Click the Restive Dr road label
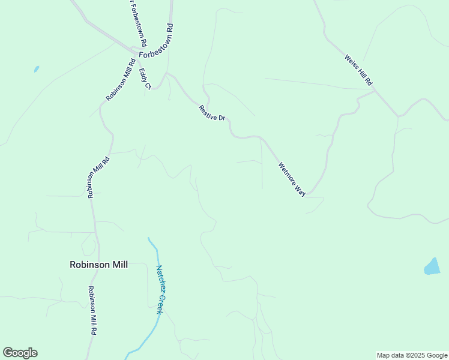(x=212, y=113)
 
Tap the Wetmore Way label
(x=292, y=179)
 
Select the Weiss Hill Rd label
(x=358, y=69)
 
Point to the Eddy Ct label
(x=145, y=79)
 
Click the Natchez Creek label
(x=160, y=286)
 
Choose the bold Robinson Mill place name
(x=98, y=264)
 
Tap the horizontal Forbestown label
(x=155, y=54)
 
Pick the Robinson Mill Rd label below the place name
(x=92, y=310)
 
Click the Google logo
(x=20, y=353)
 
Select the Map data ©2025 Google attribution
(x=412, y=355)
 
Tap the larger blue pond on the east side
(x=432, y=266)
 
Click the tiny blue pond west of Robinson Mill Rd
(x=37, y=69)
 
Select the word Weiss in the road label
(x=351, y=61)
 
